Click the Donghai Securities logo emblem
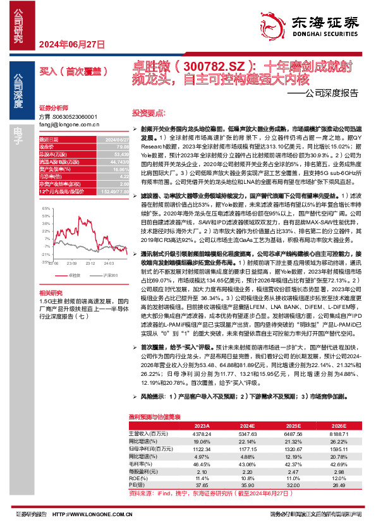281,23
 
